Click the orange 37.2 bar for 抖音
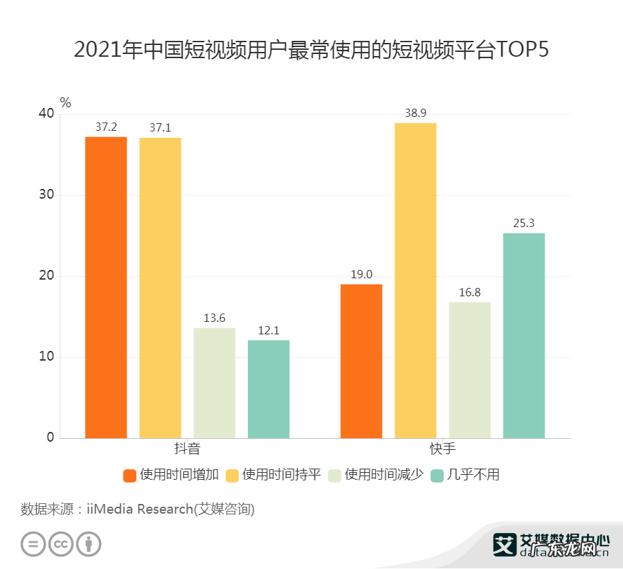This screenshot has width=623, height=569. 106,287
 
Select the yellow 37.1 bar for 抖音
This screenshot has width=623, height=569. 160,288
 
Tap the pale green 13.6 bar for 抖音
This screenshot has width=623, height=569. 214,383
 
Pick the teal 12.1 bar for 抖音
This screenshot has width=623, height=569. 269,389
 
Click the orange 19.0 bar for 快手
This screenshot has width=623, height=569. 361,361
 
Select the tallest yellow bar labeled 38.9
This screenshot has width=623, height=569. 415,280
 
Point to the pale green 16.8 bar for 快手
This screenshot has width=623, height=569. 469,370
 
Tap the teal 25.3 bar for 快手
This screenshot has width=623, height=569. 524,336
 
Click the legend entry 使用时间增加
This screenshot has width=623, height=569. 172,475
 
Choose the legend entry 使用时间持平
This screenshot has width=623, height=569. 274,475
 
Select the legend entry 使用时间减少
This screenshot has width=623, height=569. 376,475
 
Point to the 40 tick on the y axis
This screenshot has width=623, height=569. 46,114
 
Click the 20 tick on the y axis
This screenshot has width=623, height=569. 46,276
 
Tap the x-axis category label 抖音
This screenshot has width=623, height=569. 187,449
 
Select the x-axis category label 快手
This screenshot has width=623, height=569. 442,449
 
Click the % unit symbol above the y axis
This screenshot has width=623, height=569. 66,102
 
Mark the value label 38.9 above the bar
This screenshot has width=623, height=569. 415,113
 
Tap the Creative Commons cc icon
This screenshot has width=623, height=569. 61,543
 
